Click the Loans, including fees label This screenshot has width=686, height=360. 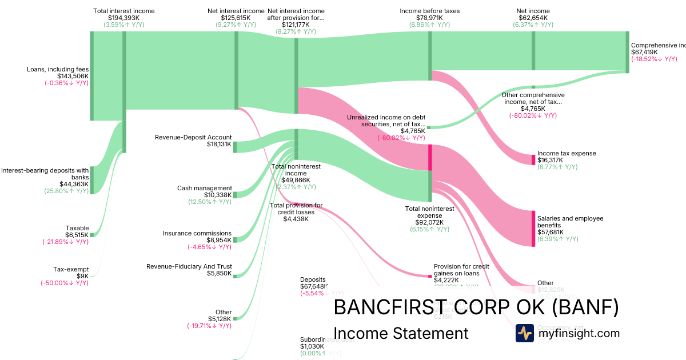click(x=57, y=69)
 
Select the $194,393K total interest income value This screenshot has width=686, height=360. click(x=123, y=18)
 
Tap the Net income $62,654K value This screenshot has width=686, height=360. click(x=533, y=18)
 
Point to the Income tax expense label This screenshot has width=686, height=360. click(x=566, y=153)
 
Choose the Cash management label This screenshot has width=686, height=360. click(x=205, y=188)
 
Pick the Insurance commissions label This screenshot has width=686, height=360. click(x=197, y=233)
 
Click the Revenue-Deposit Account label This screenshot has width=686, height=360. click(x=193, y=137)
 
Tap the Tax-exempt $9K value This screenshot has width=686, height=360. click(x=83, y=276)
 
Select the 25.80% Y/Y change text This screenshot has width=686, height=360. click(x=66, y=191)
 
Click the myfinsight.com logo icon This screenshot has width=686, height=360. click(x=524, y=333)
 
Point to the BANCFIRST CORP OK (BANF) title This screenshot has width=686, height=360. click(x=476, y=307)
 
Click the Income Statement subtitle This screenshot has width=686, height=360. click(x=400, y=333)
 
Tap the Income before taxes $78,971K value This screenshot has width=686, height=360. click(x=429, y=18)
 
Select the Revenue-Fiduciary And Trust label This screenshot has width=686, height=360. click(x=189, y=266)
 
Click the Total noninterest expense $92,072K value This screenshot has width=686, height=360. click(x=429, y=222)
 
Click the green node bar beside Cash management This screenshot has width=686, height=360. click(x=234, y=194)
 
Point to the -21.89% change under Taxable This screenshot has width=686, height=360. click(x=65, y=242)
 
